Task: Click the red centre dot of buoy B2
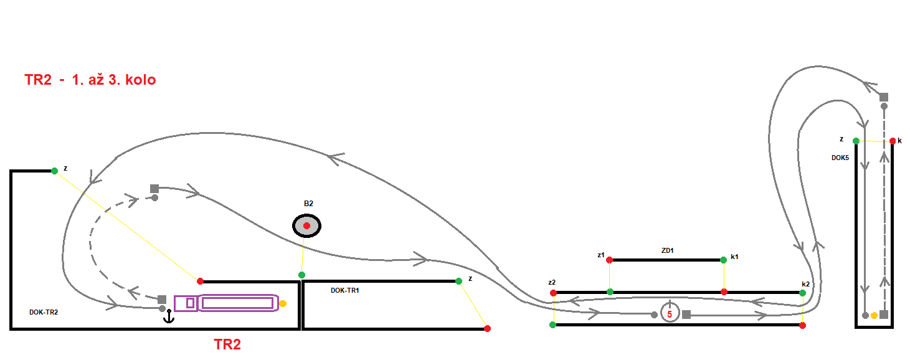(x=306, y=225)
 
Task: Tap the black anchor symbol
(x=168, y=318)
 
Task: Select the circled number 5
(x=670, y=314)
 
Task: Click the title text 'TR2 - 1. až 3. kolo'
(x=90, y=80)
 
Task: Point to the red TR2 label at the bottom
(x=227, y=344)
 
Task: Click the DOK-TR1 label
(x=345, y=290)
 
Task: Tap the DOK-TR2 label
(x=44, y=312)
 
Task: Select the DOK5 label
(x=840, y=158)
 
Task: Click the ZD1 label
(x=668, y=250)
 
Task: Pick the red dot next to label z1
(x=610, y=260)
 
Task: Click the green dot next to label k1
(x=723, y=260)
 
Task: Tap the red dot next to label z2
(x=553, y=293)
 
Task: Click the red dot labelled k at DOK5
(x=893, y=141)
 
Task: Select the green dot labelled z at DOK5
(x=856, y=141)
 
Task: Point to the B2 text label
(x=308, y=204)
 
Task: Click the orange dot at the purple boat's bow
(x=283, y=303)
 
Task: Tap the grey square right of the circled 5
(x=686, y=315)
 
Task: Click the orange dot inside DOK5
(x=874, y=315)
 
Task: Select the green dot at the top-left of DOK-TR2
(x=55, y=171)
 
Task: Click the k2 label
(x=805, y=284)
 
